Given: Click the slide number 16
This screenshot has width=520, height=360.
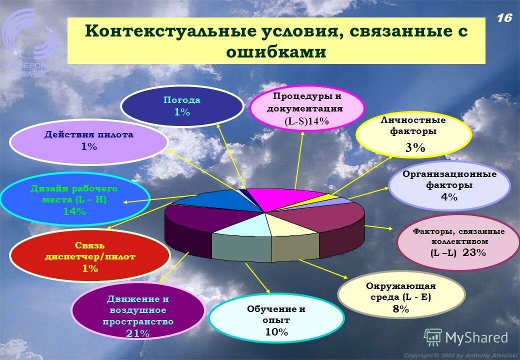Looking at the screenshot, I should coord(504,18).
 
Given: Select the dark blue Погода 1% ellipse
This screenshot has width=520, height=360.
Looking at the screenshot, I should coord(182,106).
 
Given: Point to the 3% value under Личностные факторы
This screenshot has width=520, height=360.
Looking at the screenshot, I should coord(415,147).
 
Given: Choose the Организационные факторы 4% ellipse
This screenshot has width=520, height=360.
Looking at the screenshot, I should coord(449,185).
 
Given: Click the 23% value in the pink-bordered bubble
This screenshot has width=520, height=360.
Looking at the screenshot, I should coord(474,252).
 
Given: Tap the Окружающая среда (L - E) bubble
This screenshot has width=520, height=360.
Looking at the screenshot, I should coord(401,297).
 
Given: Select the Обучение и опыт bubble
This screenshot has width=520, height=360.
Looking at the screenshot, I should coord(276,320).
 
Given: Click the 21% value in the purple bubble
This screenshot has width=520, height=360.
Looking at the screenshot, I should coord(137,333).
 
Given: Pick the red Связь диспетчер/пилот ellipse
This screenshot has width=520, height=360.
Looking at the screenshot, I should coord(90,257).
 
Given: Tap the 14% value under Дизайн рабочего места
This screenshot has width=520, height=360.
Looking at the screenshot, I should coord(74,211).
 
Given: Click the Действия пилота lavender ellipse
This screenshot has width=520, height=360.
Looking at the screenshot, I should coord(88,140).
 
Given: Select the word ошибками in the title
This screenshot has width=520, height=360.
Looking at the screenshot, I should coord(276,52).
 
